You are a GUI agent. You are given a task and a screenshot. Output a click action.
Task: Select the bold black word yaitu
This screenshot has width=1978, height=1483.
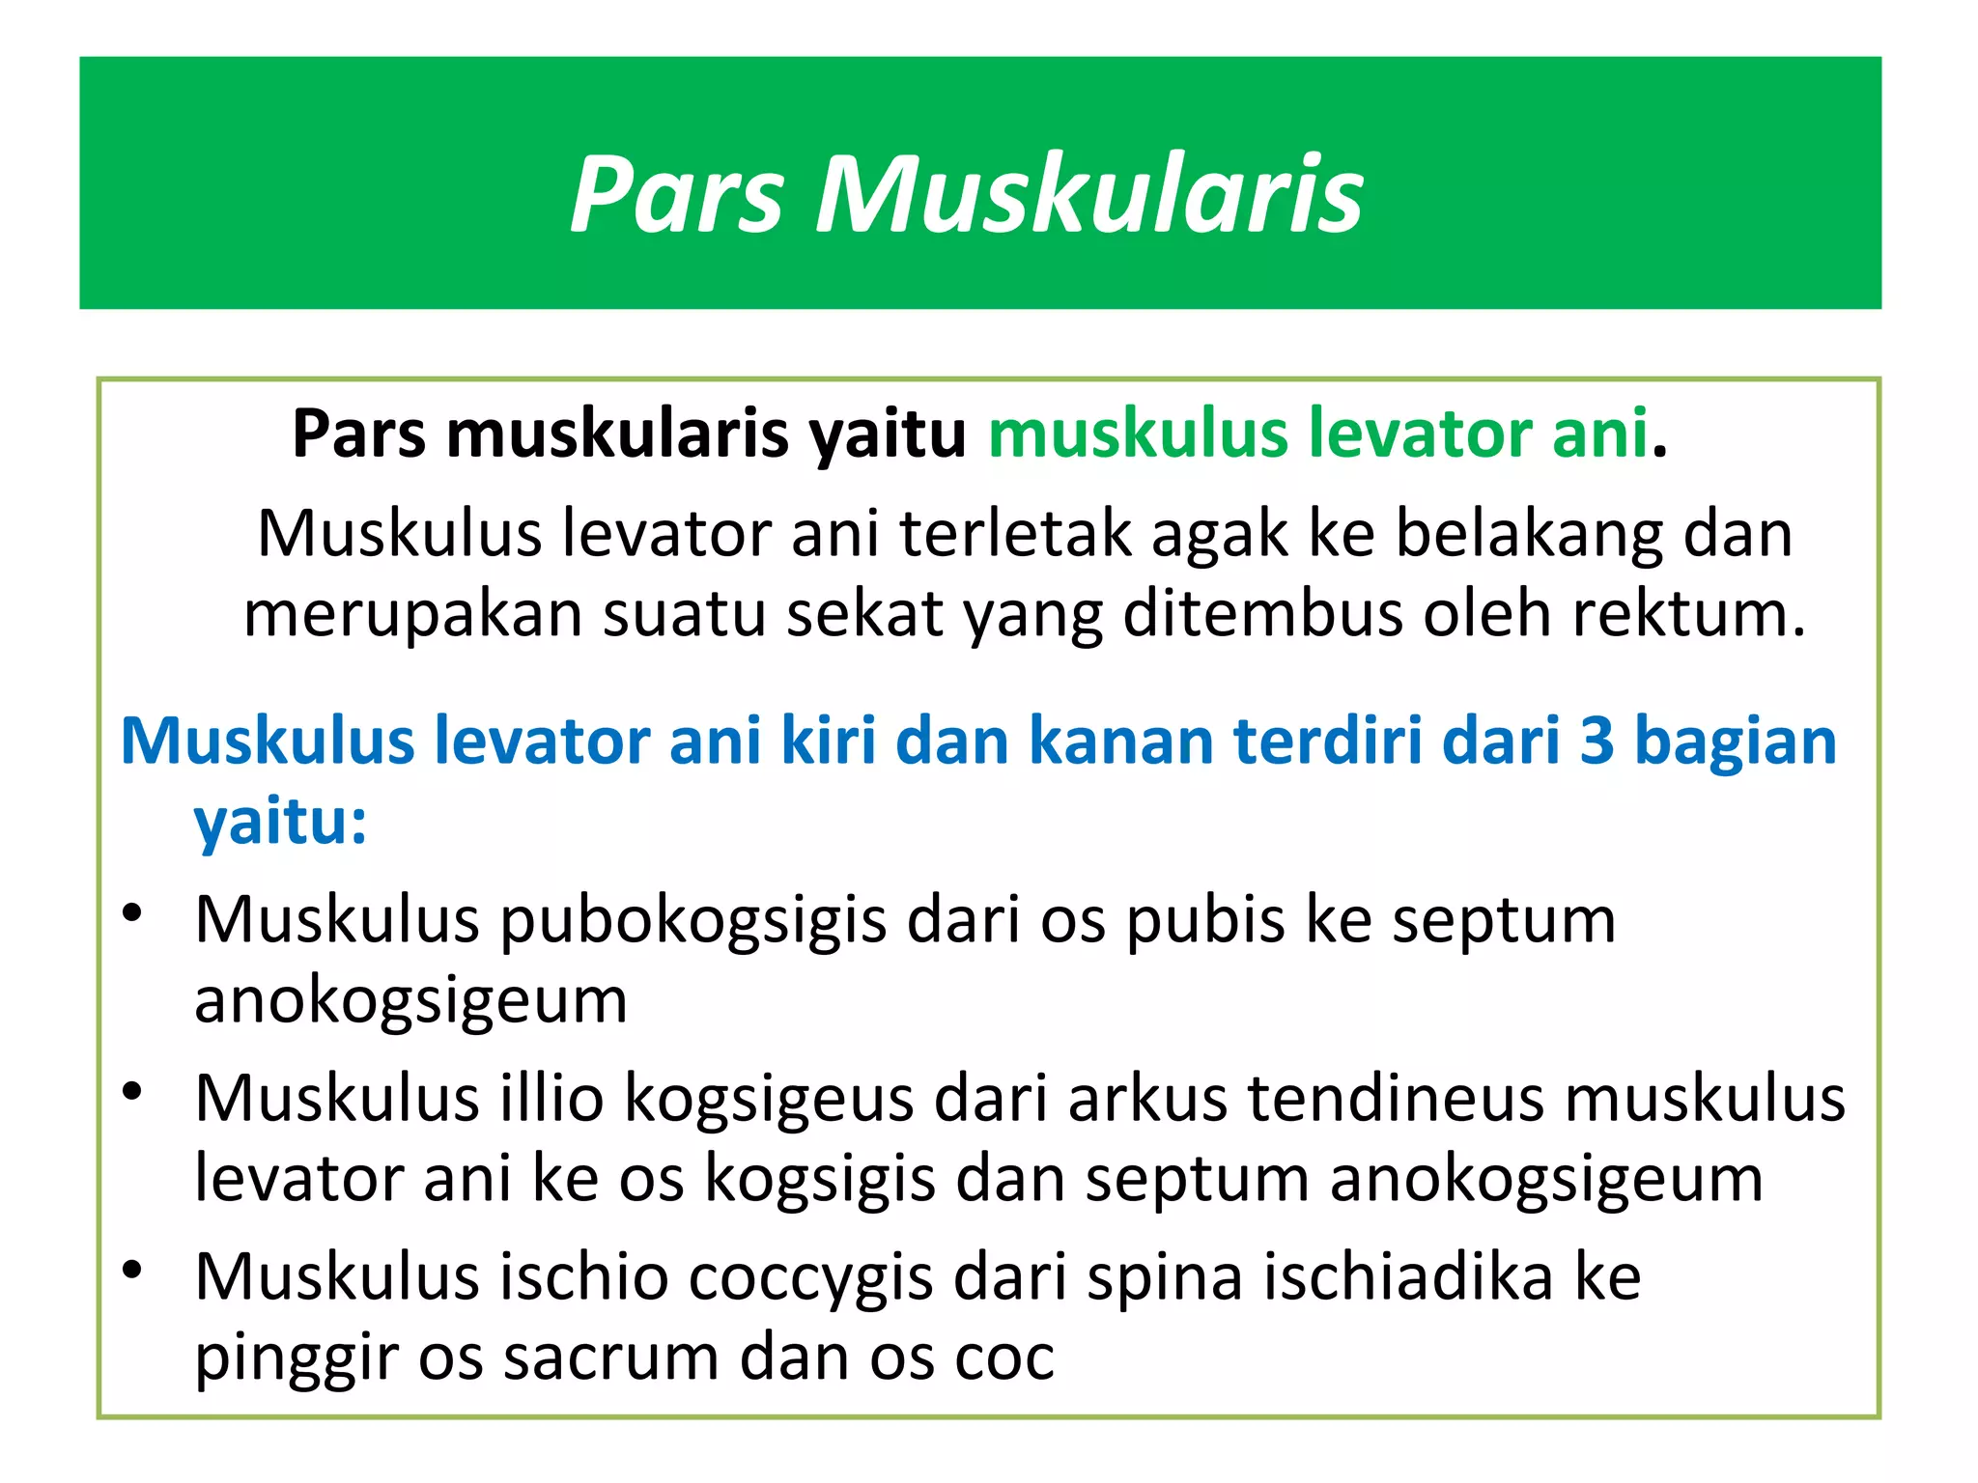888,434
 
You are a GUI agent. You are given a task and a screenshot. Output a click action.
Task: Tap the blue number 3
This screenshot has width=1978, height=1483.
1597,741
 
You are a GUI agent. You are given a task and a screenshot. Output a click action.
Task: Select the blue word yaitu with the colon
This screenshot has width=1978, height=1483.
280,823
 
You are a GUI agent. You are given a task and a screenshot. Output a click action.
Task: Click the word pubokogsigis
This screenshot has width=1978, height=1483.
692,920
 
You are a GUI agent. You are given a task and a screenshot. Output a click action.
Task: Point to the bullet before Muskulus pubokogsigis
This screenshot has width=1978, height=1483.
133,912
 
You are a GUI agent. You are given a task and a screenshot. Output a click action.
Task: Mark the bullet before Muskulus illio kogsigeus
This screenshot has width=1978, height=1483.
133,1092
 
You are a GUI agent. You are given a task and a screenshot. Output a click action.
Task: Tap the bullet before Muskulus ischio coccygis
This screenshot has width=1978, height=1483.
133,1271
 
